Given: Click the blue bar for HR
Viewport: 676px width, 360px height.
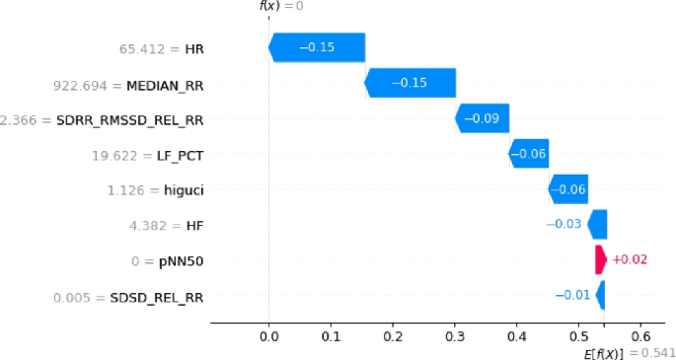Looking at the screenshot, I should (x=317, y=46).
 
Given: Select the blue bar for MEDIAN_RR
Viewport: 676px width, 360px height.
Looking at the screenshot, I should (x=410, y=83).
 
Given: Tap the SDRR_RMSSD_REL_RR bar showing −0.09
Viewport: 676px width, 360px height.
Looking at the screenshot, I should (x=482, y=118).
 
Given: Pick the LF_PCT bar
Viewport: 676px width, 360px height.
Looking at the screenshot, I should (x=528, y=154).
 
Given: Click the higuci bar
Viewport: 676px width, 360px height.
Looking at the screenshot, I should (x=567, y=188).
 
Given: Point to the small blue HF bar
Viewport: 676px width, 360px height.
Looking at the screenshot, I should (x=597, y=224).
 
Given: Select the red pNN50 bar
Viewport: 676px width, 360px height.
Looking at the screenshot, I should (x=601, y=259).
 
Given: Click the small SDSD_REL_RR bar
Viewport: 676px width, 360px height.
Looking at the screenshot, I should (x=601, y=295).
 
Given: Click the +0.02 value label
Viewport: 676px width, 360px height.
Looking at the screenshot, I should (x=631, y=259).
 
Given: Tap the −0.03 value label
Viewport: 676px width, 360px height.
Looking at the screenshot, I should (x=563, y=224).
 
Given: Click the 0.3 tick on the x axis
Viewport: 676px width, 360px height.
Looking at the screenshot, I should (x=454, y=335).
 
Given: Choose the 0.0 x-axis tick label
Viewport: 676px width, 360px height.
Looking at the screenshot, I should (x=268, y=335).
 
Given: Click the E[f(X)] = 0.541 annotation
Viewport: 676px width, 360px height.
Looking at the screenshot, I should (x=630, y=352).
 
